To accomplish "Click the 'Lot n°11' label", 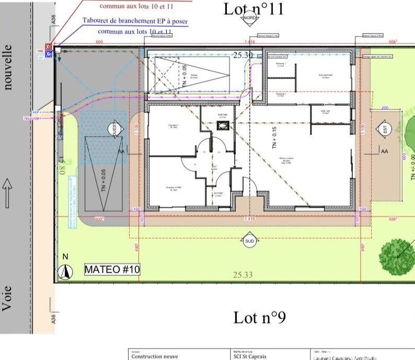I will click(253, 8).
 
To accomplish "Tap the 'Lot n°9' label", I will click(259, 318).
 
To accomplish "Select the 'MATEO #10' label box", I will click(112, 269).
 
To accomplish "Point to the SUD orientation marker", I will click(249, 241).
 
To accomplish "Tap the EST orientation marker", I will click(385, 130).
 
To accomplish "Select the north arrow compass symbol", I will click(65, 272).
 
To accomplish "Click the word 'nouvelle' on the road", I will click(7, 67).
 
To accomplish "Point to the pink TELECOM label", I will click(31, 118).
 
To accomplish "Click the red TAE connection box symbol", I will click(49, 47).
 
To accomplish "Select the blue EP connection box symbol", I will click(49, 54).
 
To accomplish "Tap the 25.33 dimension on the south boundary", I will click(243, 275).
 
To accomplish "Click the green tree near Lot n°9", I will click(398, 255).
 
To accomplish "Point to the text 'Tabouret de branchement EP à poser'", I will click(135, 21).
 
